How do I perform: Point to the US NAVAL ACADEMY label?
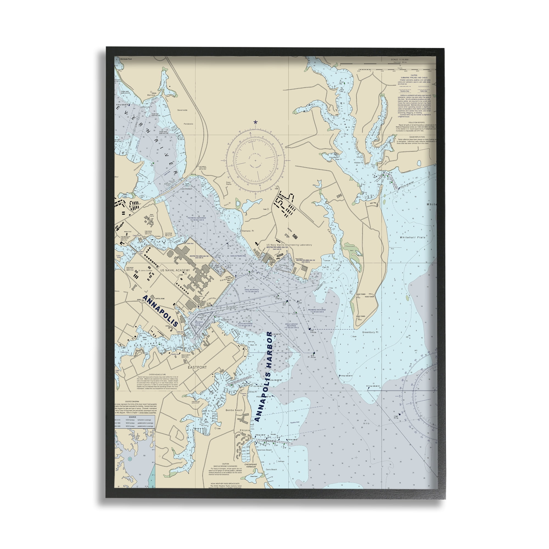175,270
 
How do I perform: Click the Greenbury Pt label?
370,332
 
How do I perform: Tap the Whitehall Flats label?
412,237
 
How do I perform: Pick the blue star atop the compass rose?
255,122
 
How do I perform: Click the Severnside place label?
183,110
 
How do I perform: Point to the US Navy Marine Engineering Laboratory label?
289,245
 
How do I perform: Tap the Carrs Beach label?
271,470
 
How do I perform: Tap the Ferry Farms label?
229,183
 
